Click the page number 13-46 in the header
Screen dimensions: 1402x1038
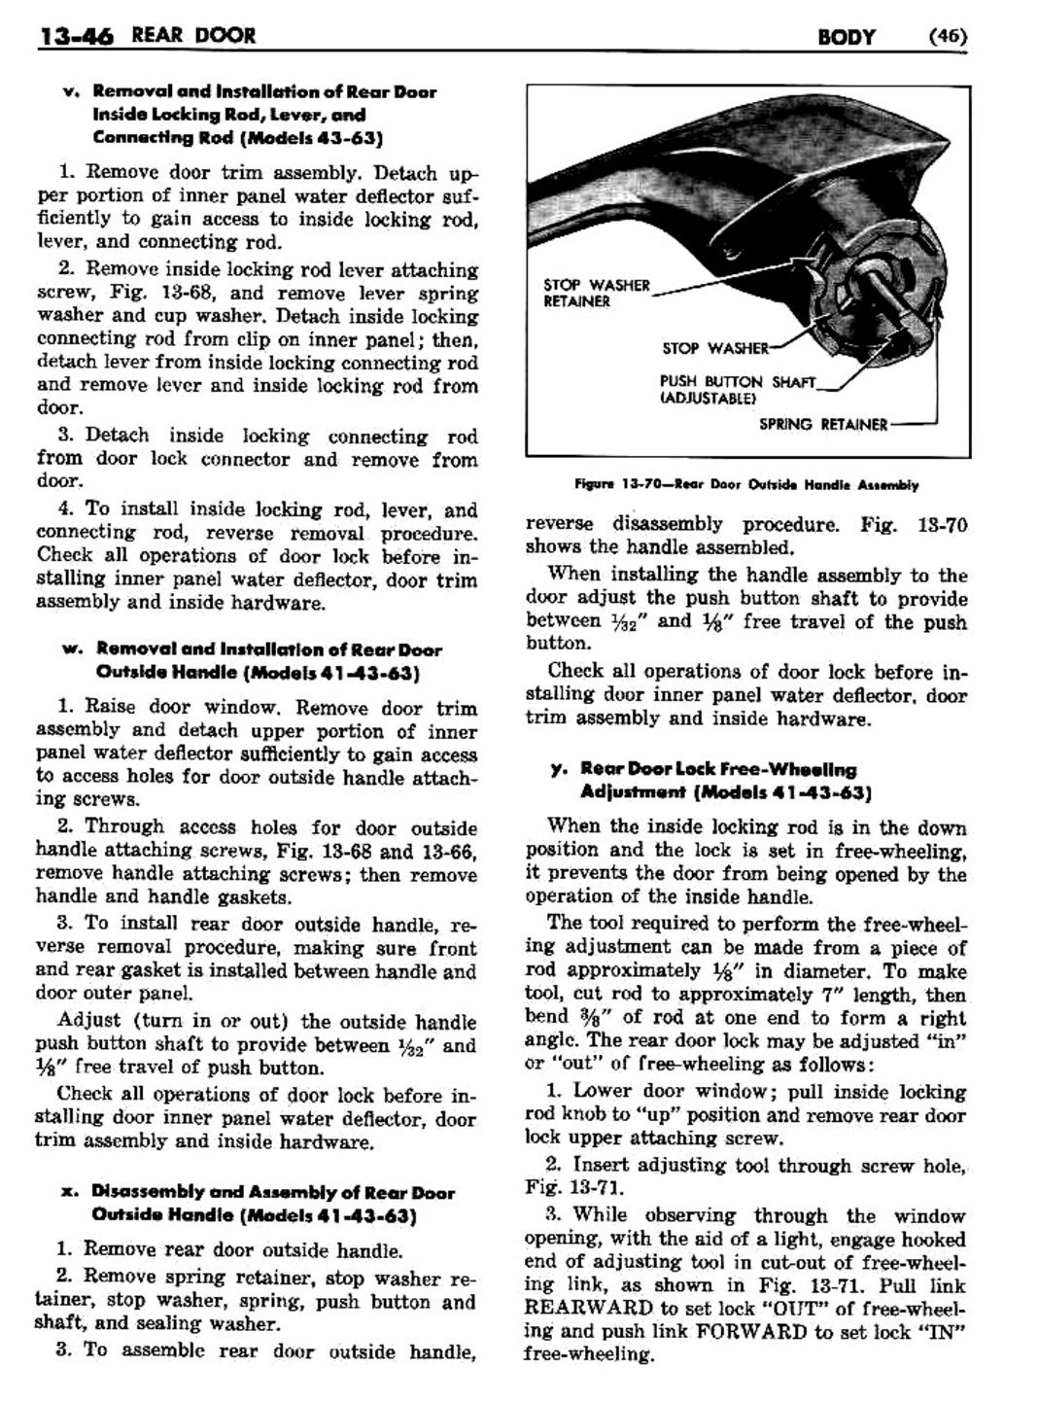(76, 37)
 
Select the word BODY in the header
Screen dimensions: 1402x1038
(846, 37)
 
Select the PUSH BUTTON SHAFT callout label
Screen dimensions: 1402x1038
(738, 381)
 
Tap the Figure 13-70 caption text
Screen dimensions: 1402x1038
(746, 484)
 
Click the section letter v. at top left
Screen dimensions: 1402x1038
(69, 91)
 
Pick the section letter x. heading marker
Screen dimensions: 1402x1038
(70, 1191)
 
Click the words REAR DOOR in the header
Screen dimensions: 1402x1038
(193, 37)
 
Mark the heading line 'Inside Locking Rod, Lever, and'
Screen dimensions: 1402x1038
(215, 115)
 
